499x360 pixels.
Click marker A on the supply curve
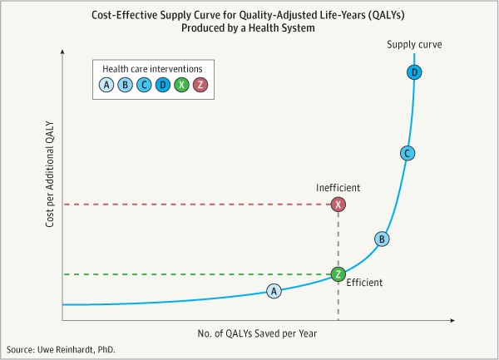point(274,290)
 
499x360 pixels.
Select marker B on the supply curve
point(382,239)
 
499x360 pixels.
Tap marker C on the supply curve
point(407,153)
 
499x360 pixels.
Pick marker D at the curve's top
point(415,74)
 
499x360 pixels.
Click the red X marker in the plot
point(338,205)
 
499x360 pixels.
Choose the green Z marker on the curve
point(338,274)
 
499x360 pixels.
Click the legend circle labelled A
point(106,84)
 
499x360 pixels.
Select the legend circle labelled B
point(126,84)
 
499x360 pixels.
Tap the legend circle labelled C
point(144,84)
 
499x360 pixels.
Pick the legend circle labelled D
point(163,84)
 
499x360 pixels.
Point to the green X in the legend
point(181,84)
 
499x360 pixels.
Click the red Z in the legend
point(200,84)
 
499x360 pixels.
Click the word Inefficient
point(338,188)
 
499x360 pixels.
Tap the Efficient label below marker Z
point(364,283)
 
